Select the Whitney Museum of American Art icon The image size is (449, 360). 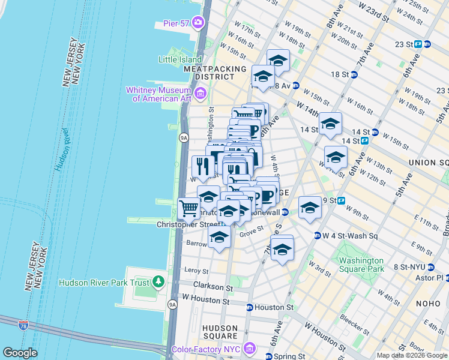pyautogui.click(x=200, y=93)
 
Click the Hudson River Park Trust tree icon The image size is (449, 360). pyautogui.click(x=158, y=281)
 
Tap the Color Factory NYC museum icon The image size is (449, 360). pyautogui.click(x=251, y=349)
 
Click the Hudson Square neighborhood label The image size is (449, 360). pyautogui.click(x=220, y=332)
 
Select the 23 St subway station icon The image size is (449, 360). pyautogui.click(x=427, y=44)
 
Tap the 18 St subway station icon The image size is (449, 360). pyautogui.click(x=354, y=75)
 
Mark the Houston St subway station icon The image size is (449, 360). pyautogui.click(x=249, y=307)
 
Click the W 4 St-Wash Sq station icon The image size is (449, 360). pyautogui.click(x=316, y=235)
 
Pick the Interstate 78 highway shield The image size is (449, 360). pyautogui.click(x=23, y=325)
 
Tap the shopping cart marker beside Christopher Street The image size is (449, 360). pyautogui.click(x=188, y=209)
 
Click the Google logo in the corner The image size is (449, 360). pyautogui.click(x=20, y=353)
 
